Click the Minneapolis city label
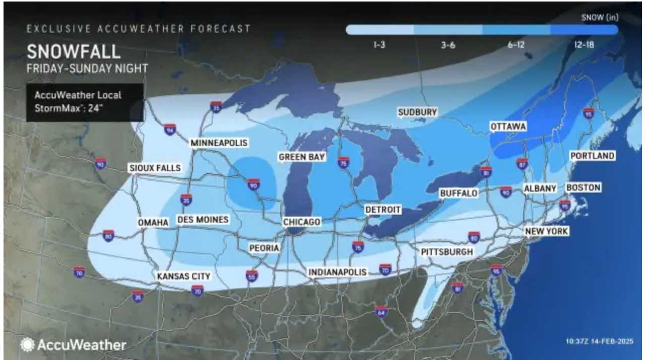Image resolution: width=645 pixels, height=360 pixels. (219, 143)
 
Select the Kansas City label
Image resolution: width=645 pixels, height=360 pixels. (183, 276)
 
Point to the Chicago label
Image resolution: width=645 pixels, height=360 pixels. (301, 222)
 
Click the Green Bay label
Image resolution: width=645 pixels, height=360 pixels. (302, 157)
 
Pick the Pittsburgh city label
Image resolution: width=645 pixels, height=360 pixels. (447, 251)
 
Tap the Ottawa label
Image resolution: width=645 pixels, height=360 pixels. (508, 126)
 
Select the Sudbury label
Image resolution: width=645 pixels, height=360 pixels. (417, 112)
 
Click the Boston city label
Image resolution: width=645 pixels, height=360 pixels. (584, 188)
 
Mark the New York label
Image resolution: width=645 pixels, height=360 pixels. (546, 231)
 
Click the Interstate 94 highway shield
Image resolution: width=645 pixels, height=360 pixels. (170, 130)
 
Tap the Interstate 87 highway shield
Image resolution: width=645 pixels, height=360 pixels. (522, 163)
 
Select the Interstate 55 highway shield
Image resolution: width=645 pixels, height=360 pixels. (252, 275)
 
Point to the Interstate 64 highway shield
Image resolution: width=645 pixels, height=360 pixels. (381, 312)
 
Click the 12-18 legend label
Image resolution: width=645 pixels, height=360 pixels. (584, 45)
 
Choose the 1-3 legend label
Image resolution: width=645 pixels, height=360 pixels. (380, 45)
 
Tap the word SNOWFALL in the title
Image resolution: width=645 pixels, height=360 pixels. (74, 52)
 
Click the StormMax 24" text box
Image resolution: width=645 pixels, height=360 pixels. (85, 102)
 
